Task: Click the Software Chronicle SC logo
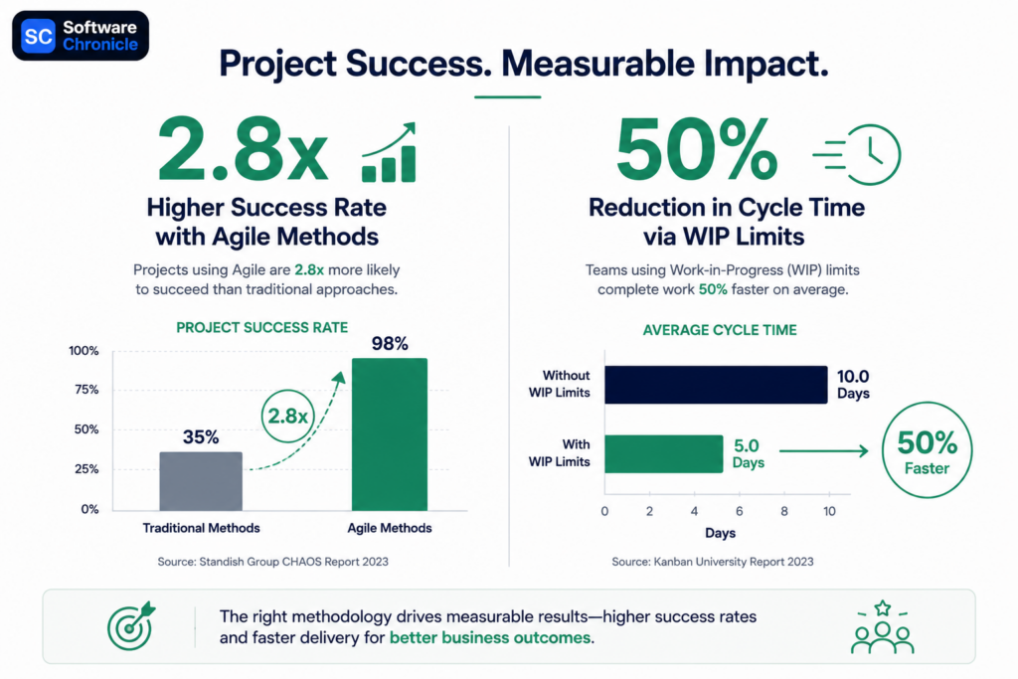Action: tap(81, 36)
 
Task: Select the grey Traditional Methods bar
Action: tap(201, 481)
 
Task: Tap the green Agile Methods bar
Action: tap(390, 434)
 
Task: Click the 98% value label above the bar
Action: tap(390, 343)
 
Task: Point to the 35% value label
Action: tap(201, 436)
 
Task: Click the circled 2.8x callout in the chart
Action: tap(287, 416)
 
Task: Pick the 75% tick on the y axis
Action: tap(86, 390)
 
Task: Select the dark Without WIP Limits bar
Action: tap(716, 385)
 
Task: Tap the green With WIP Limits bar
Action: tap(663, 453)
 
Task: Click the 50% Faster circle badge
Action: tap(927, 449)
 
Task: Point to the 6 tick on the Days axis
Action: tap(739, 512)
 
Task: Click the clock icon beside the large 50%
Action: tap(857, 154)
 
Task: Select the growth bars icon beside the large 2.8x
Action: tap(389, 152)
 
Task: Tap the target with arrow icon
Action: tap(132, 625)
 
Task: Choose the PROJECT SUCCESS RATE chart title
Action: tap(262, 328)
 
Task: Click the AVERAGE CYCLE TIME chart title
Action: tap(720, 330)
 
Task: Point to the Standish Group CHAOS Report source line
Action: tap(272, 562)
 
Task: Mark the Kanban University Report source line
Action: tap(712, 562)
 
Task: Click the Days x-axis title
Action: tap(720, 533)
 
